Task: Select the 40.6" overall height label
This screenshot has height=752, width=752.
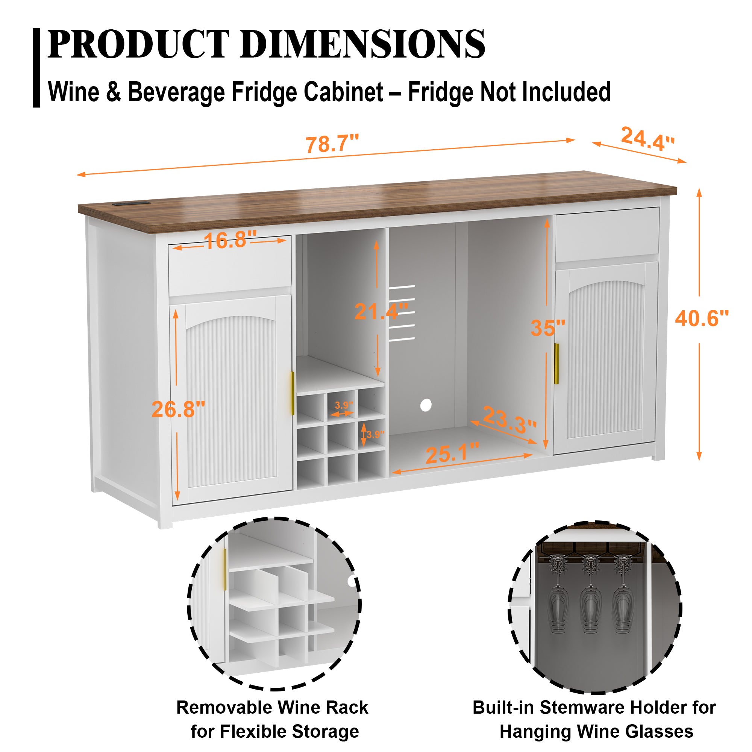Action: tap(701, 319)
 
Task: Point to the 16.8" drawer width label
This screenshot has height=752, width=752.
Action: tap(230, 240)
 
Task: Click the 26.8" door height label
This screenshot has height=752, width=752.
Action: tap(178, 409)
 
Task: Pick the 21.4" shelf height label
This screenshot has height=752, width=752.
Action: tap(381, 311)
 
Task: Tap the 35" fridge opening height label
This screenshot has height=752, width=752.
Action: tap(548, 328)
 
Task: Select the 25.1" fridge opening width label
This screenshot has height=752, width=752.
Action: tap(452, 453)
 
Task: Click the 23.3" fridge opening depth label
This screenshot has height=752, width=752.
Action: tap(509, 420)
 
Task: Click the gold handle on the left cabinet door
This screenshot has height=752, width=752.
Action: tap(292, 394)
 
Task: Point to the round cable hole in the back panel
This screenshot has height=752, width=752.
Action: tap(426, 405)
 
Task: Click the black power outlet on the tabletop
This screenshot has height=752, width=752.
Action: tap(132, 203)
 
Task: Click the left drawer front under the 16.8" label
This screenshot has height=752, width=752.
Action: tap(230, 268)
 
